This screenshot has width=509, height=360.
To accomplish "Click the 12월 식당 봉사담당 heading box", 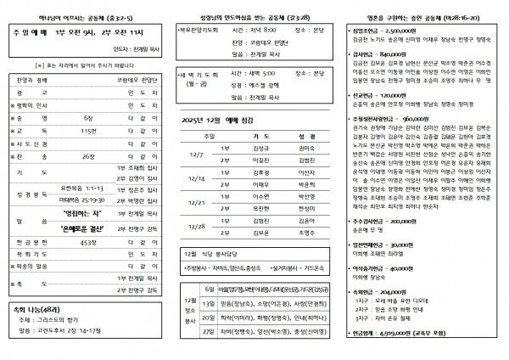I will [217, 254].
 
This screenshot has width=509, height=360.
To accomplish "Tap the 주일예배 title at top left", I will [26, 29].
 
